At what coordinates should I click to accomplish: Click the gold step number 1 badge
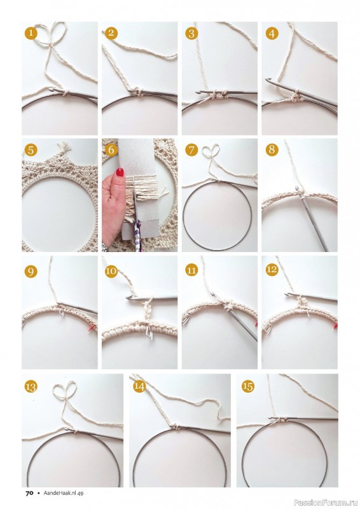coord(31,33)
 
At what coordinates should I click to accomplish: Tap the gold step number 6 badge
coord(111,150)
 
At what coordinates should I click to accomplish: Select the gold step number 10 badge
coord(111,271)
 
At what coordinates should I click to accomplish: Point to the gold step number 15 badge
coord(248,386)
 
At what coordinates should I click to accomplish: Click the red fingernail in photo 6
coord(120,172)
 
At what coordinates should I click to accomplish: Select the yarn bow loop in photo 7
coord(211,152)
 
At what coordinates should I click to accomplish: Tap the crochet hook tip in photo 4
coord(268,80)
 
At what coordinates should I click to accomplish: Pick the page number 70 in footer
coord(29,493)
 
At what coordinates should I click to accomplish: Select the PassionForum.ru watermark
coord(326,503)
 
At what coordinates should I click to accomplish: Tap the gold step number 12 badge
coord(272,269)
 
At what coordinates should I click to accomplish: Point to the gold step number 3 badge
coord(191,33)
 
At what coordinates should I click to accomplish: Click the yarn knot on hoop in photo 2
coord(139,92)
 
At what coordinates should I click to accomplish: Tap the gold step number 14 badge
coord(139,386)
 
